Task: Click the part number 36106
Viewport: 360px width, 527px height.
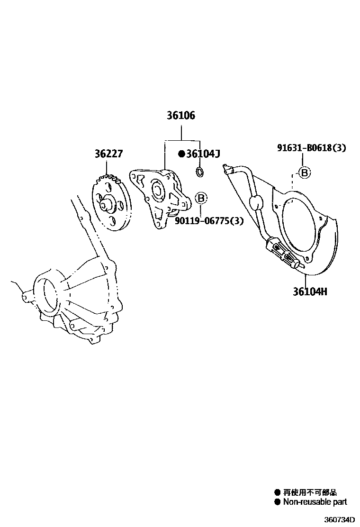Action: tap(180, 116)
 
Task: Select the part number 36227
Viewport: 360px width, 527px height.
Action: tap(108, 154)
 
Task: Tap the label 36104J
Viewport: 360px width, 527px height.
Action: tap(203, 154)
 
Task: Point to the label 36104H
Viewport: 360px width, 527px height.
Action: tap(309, 291)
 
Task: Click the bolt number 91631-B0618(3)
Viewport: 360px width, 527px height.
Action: tap(311, 148)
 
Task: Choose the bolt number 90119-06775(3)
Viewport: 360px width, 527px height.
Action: tap(209, 220)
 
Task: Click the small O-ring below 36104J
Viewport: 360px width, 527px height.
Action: tap(200, 171)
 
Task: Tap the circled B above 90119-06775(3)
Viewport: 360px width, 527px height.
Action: tap(200, 198)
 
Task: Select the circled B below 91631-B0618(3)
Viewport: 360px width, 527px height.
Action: tap(304, 173)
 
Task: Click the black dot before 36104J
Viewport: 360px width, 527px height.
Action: tap(181, 154)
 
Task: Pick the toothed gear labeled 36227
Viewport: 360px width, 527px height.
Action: tap(112, 203)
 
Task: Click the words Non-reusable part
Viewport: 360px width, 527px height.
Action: tap(315, 502)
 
